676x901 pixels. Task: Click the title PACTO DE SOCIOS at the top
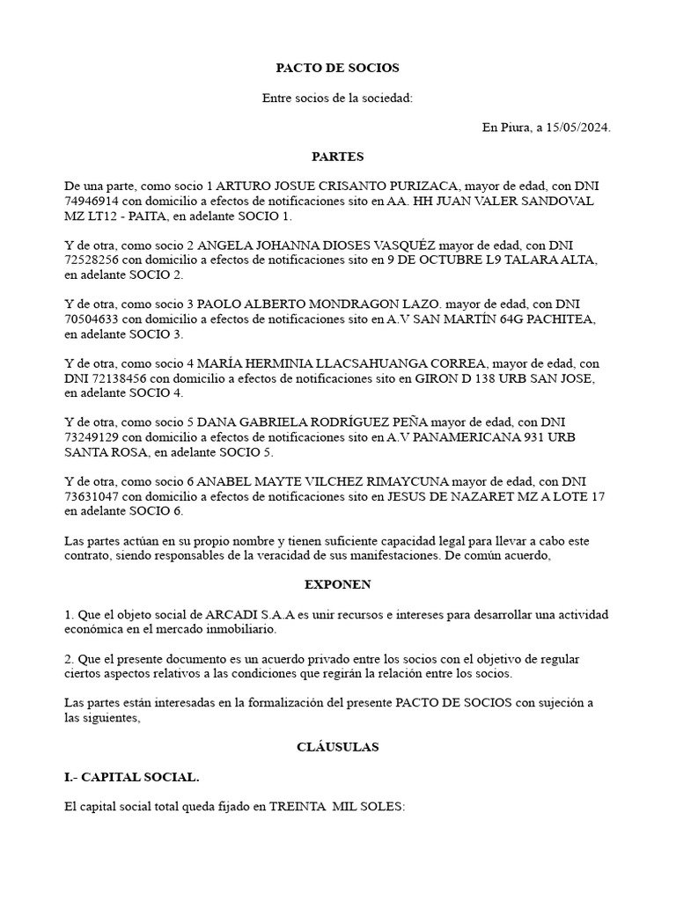pos(337,68)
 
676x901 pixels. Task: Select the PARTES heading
pos(337,157)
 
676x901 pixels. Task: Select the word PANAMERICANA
pos(481,437)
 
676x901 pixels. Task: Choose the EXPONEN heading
pos(337,585)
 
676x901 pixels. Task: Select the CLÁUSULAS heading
pos(337,747)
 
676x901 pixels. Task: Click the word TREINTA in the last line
pos(298,807)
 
